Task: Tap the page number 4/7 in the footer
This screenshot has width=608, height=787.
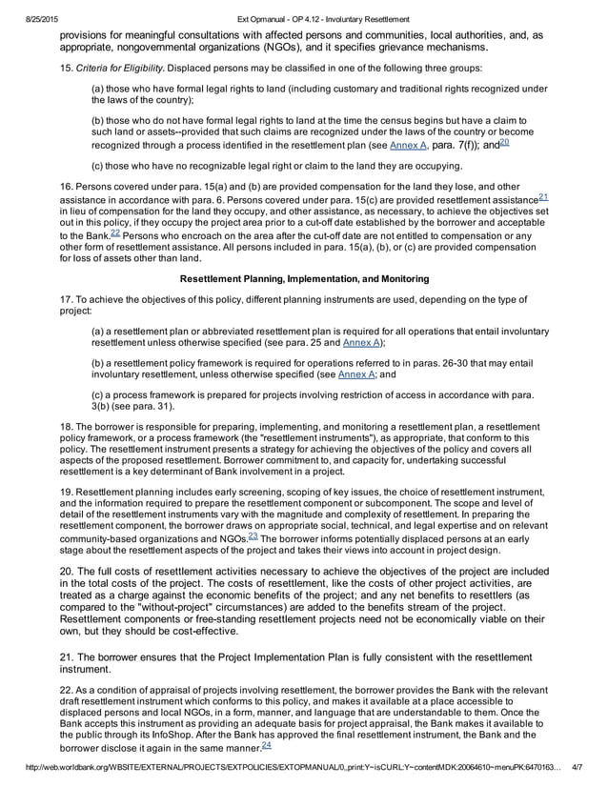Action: (x=578, y=777)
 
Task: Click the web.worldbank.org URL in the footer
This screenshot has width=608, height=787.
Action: (x=276, y=777)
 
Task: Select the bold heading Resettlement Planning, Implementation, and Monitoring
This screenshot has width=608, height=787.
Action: (x=304, y=278)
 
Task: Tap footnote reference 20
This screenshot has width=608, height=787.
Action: (x=504, y=142)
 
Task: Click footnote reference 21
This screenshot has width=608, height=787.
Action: (x=543, y=197)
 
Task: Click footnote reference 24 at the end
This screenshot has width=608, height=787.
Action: (x=267, y=746)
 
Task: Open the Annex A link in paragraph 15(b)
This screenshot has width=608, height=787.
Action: (x=408, y=146)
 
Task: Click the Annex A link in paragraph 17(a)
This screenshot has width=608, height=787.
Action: (x=362, y=343)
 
